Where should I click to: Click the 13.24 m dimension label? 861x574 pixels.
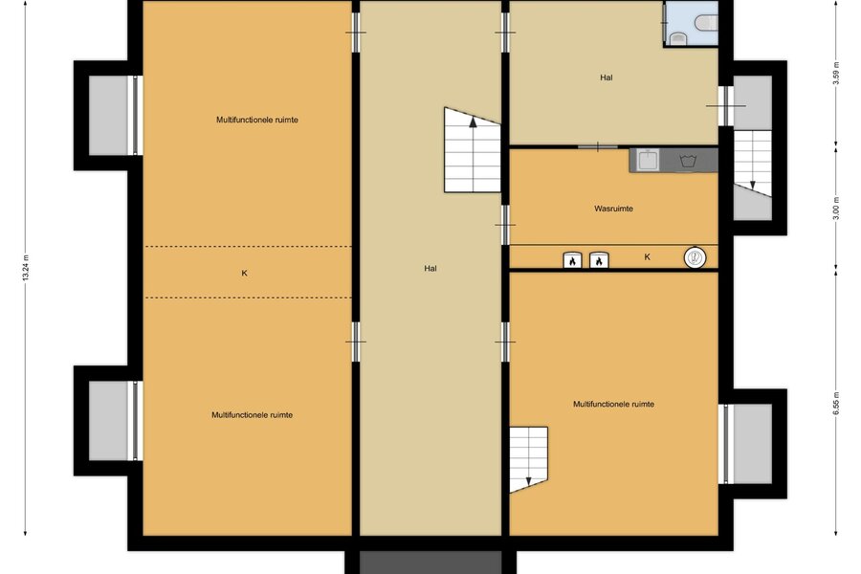(x=25, y=268)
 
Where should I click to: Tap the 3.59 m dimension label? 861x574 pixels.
(x=836, y=73)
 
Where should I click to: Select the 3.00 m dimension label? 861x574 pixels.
(x=836, y=208)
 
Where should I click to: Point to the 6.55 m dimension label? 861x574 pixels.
(x=836, y=403)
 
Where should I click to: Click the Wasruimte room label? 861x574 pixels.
(x=613, y=209)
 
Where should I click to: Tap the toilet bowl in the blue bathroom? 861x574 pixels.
(x=706, y=23)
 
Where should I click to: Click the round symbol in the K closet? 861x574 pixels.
(x=695, y=257)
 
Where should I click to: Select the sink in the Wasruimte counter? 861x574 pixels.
(x=649, y=160)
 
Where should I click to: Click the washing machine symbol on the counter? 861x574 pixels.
(x=688, y=161)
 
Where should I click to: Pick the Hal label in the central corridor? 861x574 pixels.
(x=430, y=269)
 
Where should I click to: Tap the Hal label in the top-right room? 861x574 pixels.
(x=607, y=77)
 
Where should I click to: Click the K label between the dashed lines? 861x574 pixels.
(x=244, y=273)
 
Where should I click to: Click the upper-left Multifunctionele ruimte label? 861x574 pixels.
(x=257, y=120)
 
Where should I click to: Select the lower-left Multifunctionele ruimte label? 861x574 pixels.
(x=252, y=414)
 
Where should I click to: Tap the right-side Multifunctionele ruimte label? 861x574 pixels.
(x=613, y=404)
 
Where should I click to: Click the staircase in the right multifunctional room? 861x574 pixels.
(x=528, y=459)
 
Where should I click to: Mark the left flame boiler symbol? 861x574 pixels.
(x=572, y=260)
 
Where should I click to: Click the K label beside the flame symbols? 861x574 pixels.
(x=648, y=256)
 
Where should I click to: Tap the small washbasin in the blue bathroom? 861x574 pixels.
(x=678, y=38)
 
